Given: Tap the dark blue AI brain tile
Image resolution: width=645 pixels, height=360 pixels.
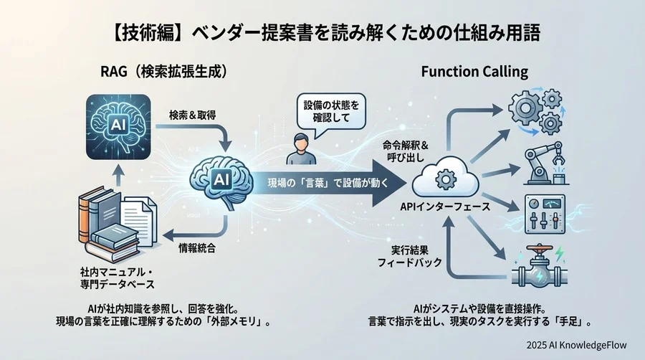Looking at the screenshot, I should pos(116,128).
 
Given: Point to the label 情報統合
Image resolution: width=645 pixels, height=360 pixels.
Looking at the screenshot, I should pos(197,248).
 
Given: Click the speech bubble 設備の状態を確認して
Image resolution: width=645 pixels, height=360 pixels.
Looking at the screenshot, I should pos(330,113).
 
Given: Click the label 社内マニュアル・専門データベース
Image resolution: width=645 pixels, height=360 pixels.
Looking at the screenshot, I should pos(118,280).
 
